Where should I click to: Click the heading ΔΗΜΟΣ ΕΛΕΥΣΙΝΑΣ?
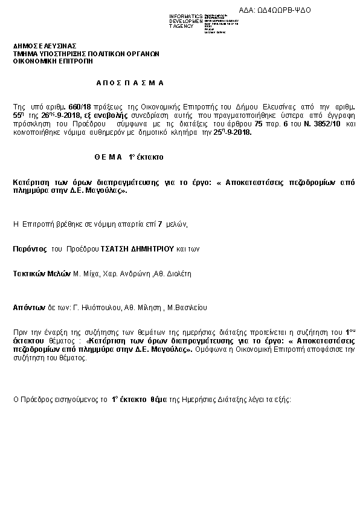[45, 46]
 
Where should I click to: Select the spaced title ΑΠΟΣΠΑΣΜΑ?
[129, 83]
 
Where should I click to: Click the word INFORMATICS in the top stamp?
[187, 15]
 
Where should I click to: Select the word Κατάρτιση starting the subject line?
[30, 181]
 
